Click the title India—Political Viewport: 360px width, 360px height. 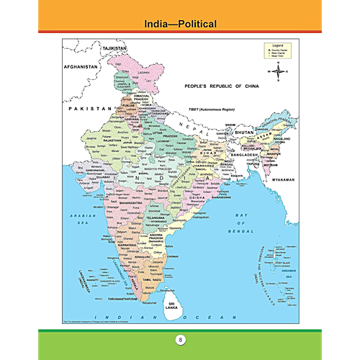point(179,24)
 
